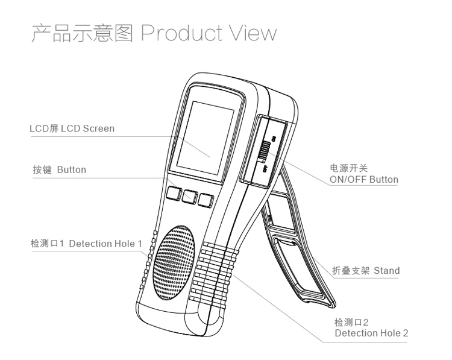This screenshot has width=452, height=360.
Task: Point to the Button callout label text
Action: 71,170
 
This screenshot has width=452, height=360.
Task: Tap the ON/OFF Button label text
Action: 364,179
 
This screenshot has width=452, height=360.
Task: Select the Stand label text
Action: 386,270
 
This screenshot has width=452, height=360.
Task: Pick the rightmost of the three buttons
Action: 207,200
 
